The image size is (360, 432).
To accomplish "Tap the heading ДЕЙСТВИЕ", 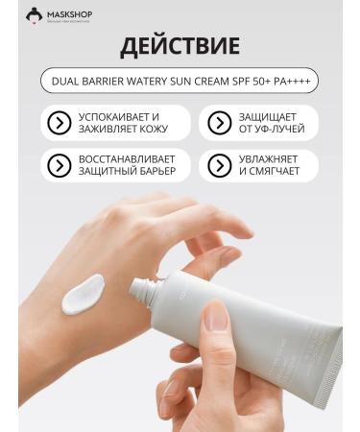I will pos(180,48).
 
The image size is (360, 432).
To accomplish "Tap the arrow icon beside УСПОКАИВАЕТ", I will pos(60,123).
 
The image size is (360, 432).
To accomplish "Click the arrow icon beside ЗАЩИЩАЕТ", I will pos(217,123).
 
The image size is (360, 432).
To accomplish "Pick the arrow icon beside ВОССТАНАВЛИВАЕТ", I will pos(60,165).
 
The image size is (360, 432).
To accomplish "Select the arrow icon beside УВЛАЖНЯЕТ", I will pos(217,165).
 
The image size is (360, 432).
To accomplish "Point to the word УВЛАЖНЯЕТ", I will pos(270,159).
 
